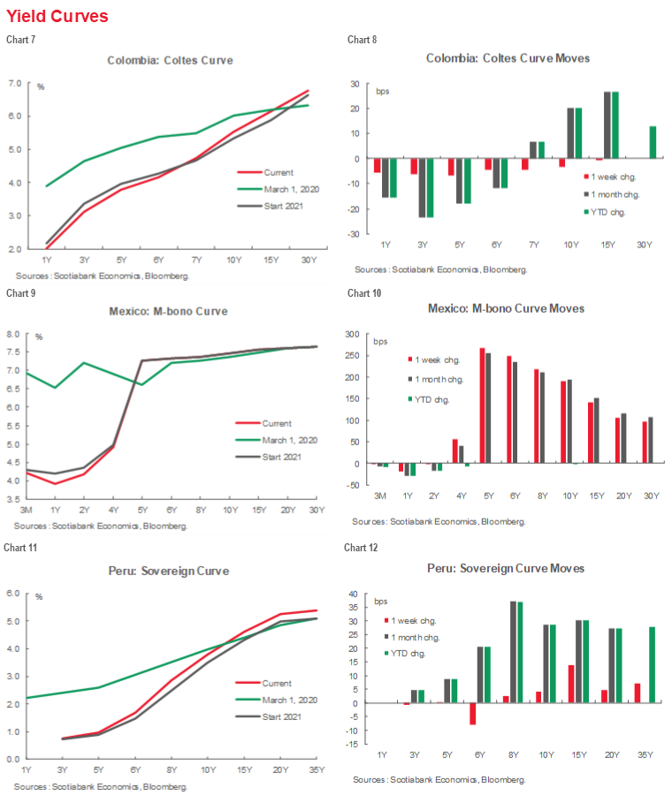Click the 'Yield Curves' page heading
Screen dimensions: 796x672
point(57,16)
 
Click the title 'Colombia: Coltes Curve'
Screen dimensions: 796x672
point(170,61)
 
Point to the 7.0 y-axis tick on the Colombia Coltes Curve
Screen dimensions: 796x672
point(15,83)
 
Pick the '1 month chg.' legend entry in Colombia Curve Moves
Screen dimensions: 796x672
point(602,194)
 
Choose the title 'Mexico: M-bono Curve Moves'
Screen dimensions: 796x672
point(505,308)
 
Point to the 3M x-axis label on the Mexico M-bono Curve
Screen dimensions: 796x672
point(27,511)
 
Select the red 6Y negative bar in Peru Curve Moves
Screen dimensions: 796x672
point(473,714)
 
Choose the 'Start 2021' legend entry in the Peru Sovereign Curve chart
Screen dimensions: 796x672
point(280,716)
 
